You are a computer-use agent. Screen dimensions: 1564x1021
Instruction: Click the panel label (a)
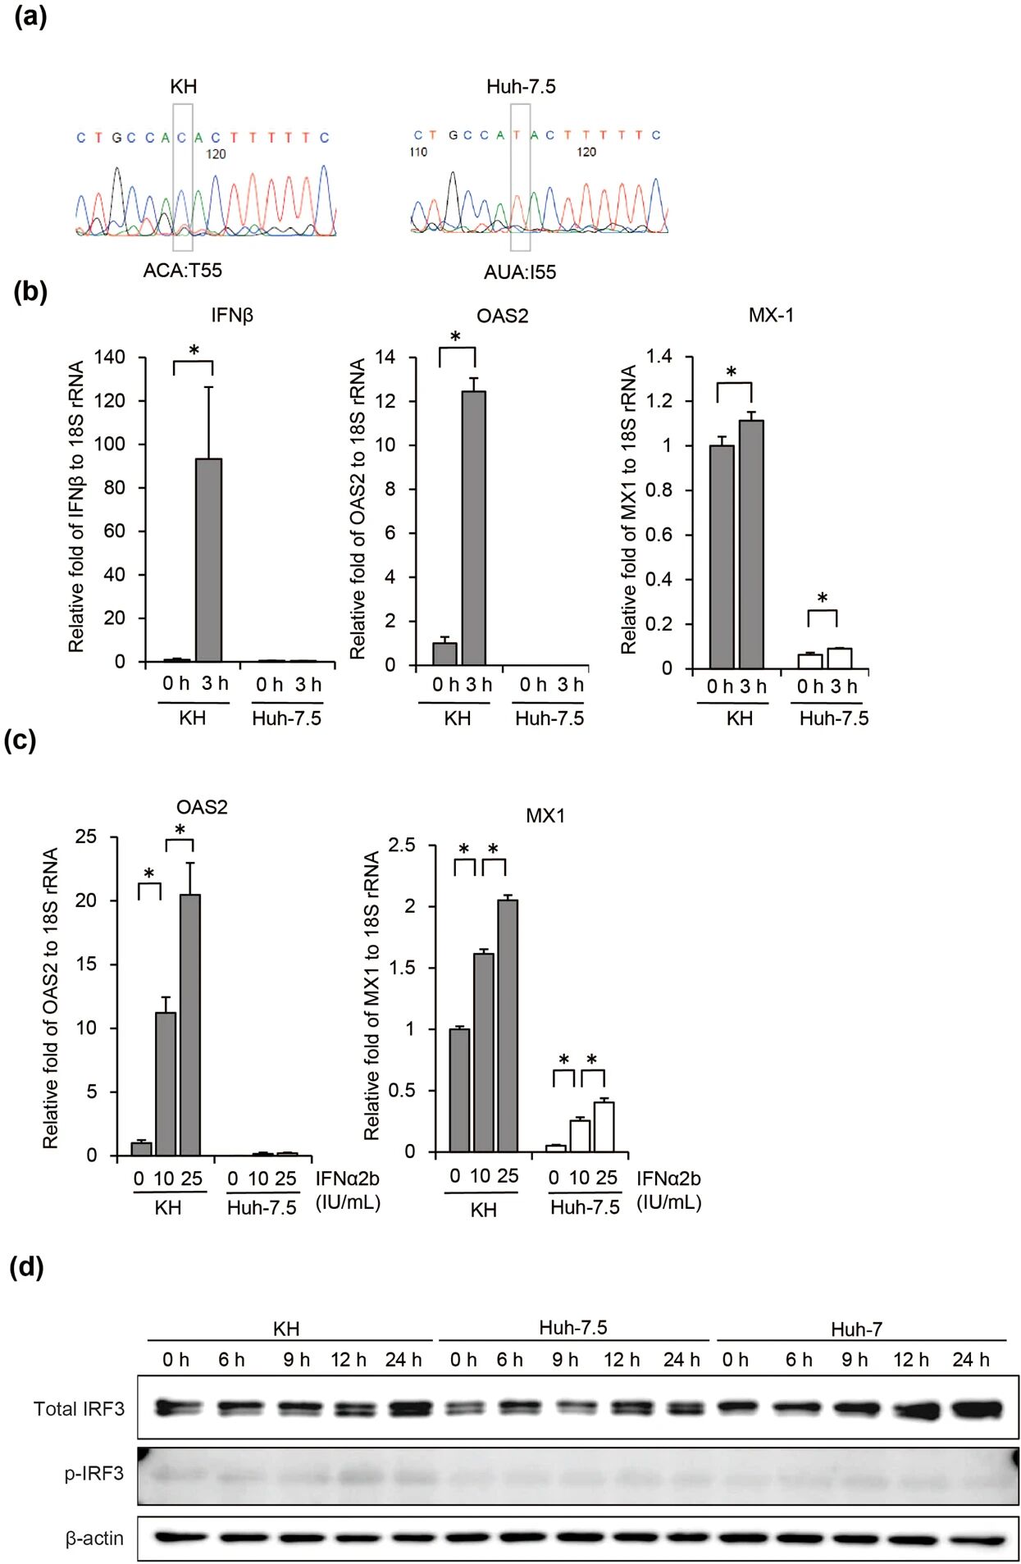pyautogui.click(x=30, y=17)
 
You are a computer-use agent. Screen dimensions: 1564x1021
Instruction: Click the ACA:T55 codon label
pyautogui.click(x=182, y=270)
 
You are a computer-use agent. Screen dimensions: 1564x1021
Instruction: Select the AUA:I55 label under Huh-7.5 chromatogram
pyautogui.click(x=519, y=271)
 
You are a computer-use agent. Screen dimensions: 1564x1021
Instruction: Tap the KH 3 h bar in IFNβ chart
pyautogui.click(x=208, y=559)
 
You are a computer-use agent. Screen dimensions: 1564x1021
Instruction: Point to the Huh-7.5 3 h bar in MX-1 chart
pyautogui.click(x=839, y=658)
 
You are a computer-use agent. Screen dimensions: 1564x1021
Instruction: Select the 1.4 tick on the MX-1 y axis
pyautogui.click(x=659, y=356)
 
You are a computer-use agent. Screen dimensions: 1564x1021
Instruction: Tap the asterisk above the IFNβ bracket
pyautogui.click(x=194, y=351)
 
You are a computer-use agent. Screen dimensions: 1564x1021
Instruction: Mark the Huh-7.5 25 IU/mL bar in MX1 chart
pyautogui.click(x=604, y=1127)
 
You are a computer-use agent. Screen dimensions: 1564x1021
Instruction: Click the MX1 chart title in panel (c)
pyautogui.click(x=545, y=815)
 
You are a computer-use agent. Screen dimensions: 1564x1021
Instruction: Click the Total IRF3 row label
pyautogui.click(x=79, y=1408)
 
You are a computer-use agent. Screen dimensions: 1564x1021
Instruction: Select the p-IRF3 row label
pyautogui.click(x=94, y=1473)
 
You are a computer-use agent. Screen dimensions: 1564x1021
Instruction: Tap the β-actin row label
pyautogui.click(x=94, y=1538)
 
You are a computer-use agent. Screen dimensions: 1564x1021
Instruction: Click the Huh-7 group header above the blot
pyautogui.click(x=856, y=1329)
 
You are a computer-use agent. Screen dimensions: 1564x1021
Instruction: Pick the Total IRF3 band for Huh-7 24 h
pyautogui.click(x=976, y=1409)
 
